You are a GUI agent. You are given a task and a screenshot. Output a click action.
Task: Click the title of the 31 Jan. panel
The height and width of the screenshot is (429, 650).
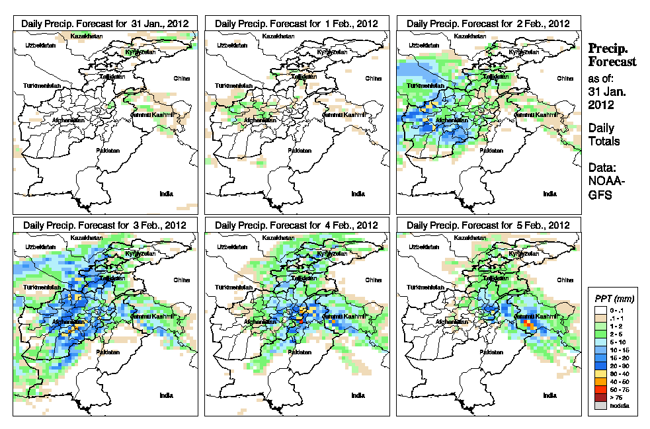coord(105,23)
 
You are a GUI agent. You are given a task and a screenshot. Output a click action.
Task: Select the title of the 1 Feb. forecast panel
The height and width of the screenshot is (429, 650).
coord(297,23)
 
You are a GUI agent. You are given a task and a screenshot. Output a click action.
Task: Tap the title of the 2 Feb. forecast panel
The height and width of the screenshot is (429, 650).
coord(489,23)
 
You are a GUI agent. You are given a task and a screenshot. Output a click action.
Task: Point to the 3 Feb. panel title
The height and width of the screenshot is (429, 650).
coord(105,225)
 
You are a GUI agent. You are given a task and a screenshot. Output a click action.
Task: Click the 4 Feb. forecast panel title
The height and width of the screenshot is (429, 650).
coord(297,225)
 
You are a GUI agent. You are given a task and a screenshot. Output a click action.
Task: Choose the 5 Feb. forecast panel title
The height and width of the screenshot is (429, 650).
coord(489,225)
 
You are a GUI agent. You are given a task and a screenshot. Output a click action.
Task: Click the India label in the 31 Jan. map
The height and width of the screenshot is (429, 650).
coord(166,194)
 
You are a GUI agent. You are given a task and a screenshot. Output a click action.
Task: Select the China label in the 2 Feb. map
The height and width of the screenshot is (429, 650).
coord(565,78)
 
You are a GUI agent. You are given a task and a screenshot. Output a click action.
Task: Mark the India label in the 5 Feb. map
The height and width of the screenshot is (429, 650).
coord(549,395)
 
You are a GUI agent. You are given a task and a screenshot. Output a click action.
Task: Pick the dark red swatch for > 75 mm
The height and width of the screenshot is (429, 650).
coord(598,398)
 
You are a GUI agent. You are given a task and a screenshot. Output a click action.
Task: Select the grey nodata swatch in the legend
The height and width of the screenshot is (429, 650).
coord(598,406)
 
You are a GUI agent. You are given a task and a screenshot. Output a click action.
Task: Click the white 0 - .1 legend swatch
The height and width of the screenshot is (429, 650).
coord(598,310)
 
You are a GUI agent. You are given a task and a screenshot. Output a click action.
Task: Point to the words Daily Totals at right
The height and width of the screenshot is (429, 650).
coord(601,134)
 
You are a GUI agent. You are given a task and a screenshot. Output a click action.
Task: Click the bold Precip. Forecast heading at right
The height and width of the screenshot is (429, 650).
coord(612,55)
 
